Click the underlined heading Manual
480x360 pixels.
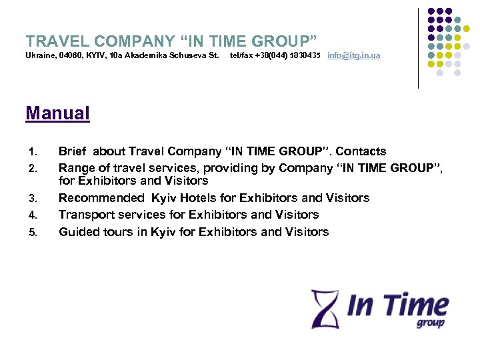tap(57, 113)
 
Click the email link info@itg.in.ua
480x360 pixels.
tap(353, 55)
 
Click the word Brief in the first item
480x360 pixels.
tap(73, 151)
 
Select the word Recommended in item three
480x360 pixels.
tap(101, 198)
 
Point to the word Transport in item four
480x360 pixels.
tap(85, 215)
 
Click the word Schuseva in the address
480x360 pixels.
tap(183, 55)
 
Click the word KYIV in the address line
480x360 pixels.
tap(95, 55)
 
